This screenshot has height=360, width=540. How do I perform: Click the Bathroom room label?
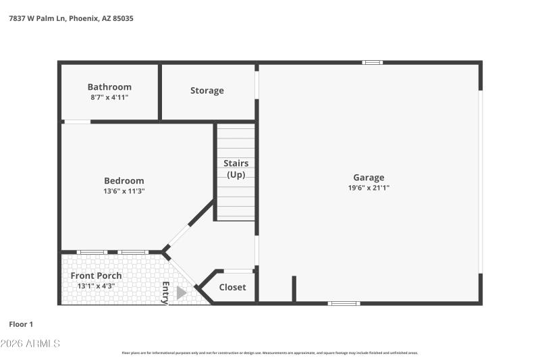pos(109,87)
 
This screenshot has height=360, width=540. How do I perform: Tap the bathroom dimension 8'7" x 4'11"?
pos(109,97)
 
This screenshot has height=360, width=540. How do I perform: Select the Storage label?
pos(207,91)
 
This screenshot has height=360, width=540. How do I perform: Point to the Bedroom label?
pos(124,180)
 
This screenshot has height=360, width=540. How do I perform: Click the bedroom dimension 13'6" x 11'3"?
pos(124,191)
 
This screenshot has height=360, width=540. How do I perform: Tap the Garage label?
pos(369,178)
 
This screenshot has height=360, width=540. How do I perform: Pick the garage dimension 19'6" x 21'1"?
pos(369,188)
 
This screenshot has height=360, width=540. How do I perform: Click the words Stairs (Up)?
pos(236,169)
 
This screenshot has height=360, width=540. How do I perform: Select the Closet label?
pos(232,287)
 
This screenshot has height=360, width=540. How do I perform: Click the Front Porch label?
pos(96,276)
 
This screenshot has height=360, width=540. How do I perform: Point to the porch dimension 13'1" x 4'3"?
pos(96,286)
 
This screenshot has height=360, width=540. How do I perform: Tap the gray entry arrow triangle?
pos(181,292)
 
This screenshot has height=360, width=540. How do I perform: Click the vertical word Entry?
pos(165,292)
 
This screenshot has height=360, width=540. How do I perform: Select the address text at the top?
pos(71,19)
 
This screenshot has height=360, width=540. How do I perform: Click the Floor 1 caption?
pos(20,325)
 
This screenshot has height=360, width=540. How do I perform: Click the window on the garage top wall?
pos(372,63)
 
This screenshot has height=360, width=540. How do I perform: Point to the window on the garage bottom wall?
pos(344,303)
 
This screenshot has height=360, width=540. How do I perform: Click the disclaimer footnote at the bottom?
pos(270,353)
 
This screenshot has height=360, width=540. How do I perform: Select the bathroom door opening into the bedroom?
pos(77,122)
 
